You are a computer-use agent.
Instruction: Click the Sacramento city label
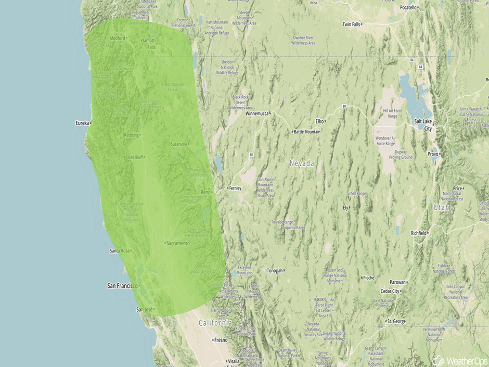(178, 243)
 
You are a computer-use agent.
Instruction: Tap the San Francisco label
(122, 286)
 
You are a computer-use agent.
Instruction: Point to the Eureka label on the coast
(82, 123)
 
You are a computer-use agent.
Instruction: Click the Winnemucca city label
(255, 113)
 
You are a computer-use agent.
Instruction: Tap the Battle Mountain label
(308, 132)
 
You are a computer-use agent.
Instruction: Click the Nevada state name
(302, 163)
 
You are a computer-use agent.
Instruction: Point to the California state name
(215, 323)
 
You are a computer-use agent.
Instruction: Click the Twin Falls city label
(351, 24)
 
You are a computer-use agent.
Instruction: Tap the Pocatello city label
(408, 8)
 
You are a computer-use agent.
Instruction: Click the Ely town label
(345, 207)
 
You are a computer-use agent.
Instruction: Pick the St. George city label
(396, 322)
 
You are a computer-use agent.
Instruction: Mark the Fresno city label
(221, 340)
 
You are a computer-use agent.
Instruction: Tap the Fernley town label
(235, 188)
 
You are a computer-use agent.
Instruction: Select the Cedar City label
(390, 292)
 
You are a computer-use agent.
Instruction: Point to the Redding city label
(131, 135)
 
